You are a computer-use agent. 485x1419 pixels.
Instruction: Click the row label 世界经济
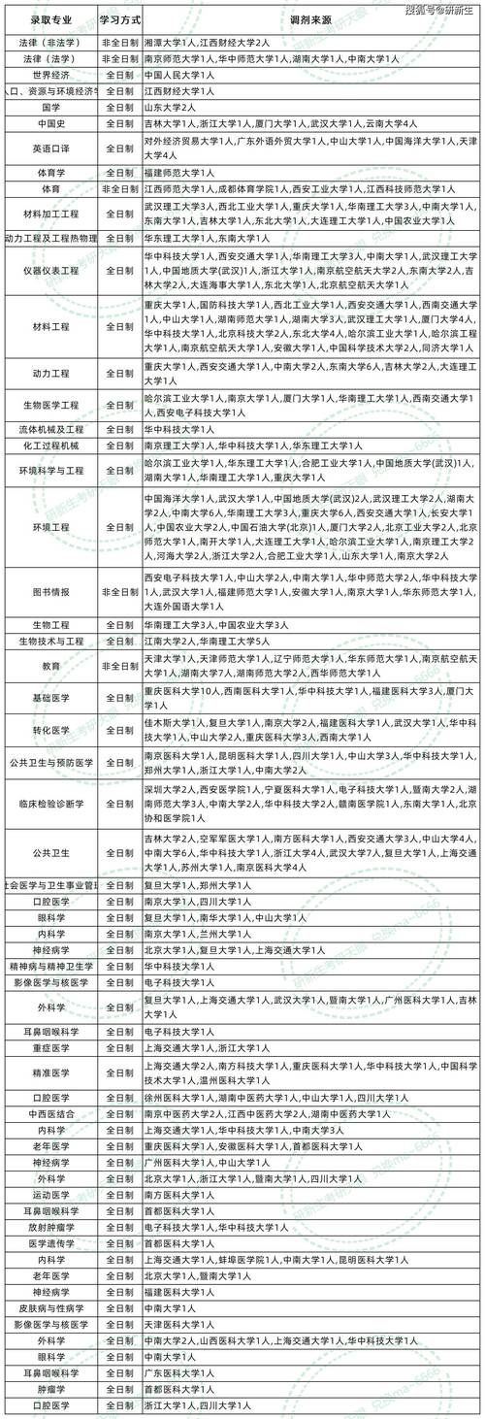click(50, 75)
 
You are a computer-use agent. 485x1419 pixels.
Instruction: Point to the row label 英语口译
click(50, 148)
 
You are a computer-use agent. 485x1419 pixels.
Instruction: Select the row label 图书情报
click(50, 591)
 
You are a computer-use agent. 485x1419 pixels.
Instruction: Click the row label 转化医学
click(50, 731)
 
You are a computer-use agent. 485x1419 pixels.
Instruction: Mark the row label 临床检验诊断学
click(50, 804)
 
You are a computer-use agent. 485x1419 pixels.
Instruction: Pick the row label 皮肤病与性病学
click(50, 1306)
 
